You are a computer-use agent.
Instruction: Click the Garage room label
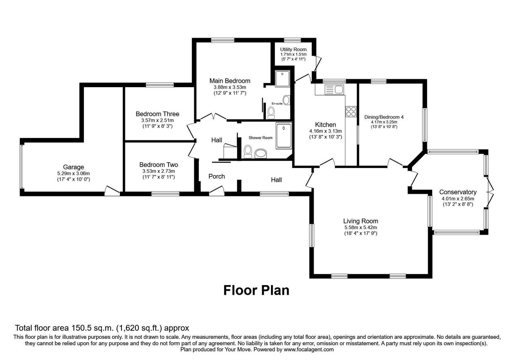pos(73,167)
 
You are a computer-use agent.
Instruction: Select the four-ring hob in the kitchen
pos(351,111)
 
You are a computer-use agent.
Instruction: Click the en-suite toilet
pos(271,112)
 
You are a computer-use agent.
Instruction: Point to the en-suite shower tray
pos(282,78)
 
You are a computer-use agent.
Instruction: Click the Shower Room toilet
pos(248,151)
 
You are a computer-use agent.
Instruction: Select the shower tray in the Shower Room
pos(284,136)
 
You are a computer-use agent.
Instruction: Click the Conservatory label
pos(458,192)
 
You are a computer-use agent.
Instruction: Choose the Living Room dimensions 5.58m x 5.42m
pos(360,227)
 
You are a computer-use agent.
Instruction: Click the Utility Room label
pos(293,50)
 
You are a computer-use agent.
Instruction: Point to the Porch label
pos(217,176)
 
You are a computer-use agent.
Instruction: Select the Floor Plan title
pos(256,290)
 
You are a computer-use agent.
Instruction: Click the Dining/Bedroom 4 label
pos(384,117)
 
